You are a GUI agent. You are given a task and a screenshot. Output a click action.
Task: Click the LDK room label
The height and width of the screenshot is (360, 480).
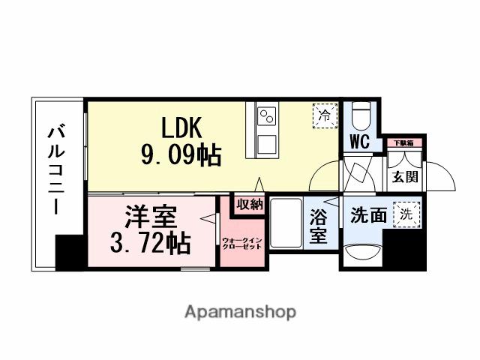(179, 126)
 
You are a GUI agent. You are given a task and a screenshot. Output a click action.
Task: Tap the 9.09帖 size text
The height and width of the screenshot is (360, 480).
(180, 155)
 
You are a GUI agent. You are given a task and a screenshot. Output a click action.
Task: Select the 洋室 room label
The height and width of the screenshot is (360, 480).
(151, 217)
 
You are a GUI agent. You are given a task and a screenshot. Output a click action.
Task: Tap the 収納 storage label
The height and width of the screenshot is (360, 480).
(250, 204)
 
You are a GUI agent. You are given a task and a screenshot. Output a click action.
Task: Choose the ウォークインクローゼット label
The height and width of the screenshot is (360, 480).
(242, 243)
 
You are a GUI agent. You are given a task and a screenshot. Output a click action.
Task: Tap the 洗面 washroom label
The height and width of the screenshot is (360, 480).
(369, 215)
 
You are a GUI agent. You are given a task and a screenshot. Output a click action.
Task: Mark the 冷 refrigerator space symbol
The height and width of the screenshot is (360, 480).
(325, 115)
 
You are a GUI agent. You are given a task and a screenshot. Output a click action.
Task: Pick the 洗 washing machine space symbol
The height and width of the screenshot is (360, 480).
(406, 212)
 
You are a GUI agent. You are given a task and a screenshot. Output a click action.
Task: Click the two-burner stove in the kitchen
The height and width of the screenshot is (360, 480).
(267, 117)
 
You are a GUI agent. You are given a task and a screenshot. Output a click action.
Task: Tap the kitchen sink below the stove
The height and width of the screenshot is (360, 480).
(267, 142)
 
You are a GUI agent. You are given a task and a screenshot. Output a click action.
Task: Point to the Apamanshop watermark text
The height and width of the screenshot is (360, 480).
(240, 311)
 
